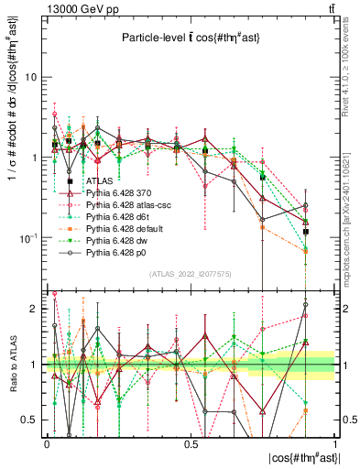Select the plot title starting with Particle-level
point(188,38)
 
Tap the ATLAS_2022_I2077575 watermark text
point(191,274)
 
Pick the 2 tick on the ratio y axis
point(35,309)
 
